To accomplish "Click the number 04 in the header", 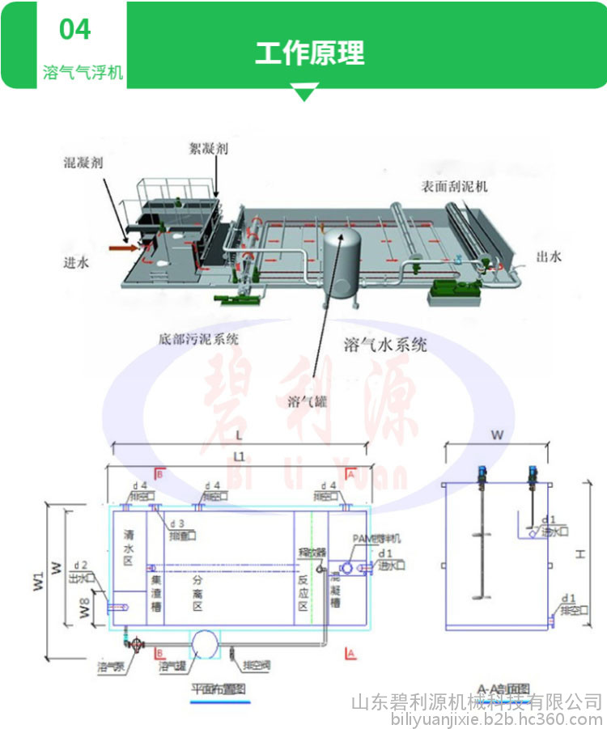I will click(75, 30).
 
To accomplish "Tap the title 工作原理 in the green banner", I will click(310, 53).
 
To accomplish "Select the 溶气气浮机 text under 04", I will click(83, 73).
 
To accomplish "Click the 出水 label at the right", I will click(548, 257).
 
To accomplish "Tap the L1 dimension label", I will click(239, 456).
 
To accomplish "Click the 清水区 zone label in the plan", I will click(129, 546).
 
